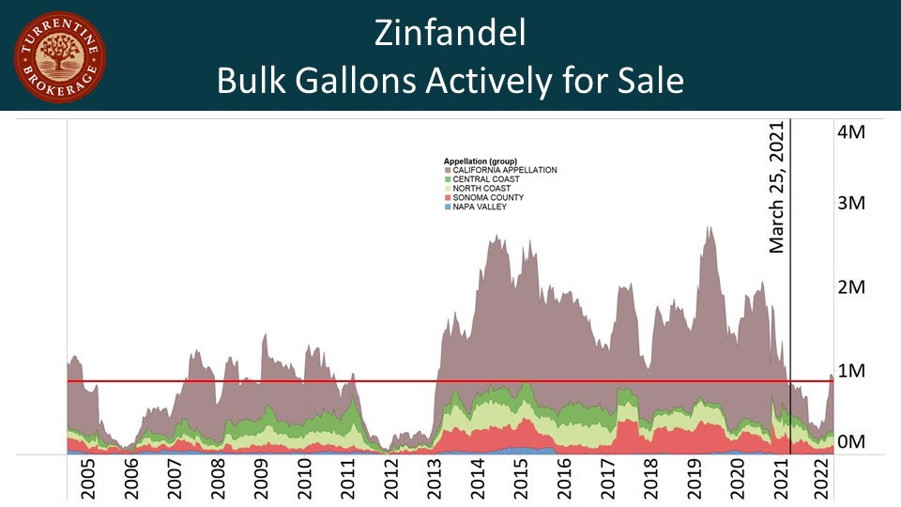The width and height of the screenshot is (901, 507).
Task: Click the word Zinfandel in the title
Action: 450,34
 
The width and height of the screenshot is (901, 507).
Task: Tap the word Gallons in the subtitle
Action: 356,81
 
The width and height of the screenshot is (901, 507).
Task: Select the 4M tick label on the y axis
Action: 850,131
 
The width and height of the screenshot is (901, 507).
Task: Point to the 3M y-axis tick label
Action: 850,204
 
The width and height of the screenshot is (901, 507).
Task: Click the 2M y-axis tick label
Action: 850,286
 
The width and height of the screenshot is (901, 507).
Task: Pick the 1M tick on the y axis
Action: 850,370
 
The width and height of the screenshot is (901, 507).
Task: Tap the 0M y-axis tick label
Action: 850,440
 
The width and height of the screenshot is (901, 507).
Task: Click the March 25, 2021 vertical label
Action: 777,187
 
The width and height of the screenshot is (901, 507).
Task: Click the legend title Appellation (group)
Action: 481,161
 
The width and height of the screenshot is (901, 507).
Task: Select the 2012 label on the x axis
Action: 390,478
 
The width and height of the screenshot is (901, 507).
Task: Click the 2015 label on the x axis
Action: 521,478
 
